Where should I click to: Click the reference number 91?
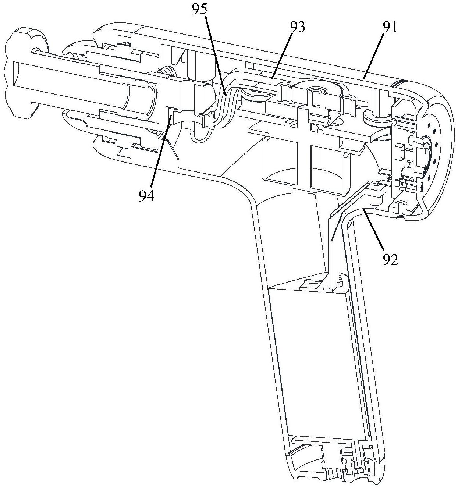click(x=390, y=27)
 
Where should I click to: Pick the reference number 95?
click(x=201, y=10)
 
